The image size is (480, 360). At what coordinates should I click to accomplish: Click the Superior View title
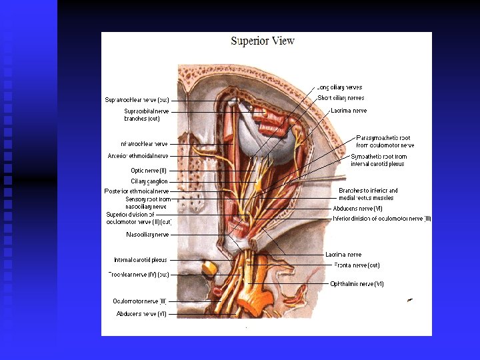coord(263,41)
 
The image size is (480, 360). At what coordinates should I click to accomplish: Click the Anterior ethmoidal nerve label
coord(138,156)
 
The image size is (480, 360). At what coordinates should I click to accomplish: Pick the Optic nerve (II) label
coord(149,171)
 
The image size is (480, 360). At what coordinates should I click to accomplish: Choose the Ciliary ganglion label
coord(149,181)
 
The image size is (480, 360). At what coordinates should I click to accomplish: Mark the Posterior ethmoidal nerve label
coord(137,191)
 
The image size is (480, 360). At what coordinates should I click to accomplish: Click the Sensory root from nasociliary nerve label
coord(147,203)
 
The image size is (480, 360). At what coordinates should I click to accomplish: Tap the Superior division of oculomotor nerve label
coord(139,218)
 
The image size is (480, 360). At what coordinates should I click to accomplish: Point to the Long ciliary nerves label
coord(340,87)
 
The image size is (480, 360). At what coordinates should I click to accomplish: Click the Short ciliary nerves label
coord(341,98)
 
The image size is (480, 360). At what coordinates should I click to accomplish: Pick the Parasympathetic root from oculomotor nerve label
coord(385,141)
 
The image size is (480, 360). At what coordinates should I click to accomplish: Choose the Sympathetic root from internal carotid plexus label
coord(377,160)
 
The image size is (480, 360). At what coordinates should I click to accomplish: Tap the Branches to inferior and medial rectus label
coord(368,194)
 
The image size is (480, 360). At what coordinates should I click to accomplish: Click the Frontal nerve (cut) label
coord(356,265)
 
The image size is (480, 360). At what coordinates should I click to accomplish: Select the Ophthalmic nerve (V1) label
coord(357,284)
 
